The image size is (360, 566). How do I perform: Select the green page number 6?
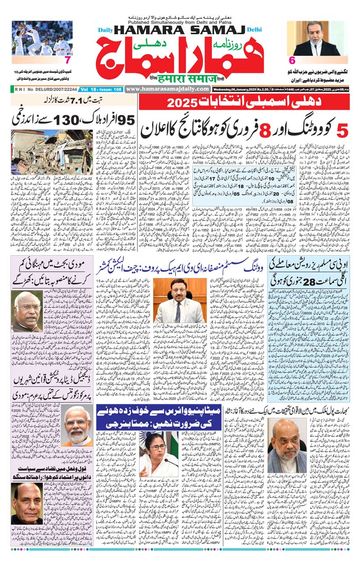[x=292, y=60]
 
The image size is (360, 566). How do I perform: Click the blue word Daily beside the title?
[x=106, y=30]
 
